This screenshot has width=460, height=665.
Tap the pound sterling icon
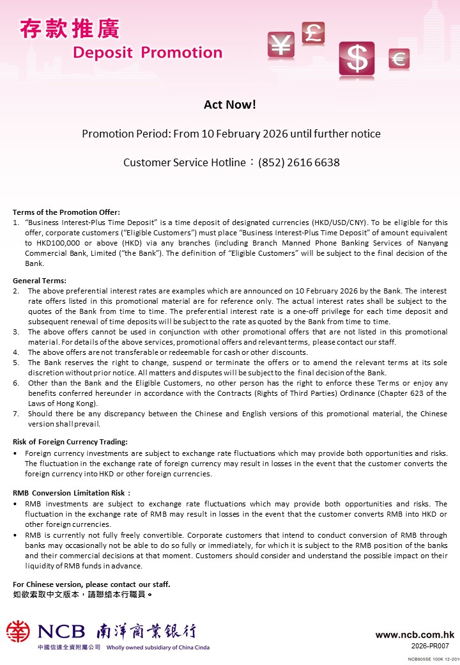coord(313,33)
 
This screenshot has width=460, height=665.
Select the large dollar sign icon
coord(357,59)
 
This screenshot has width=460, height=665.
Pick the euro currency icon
coord(399,59)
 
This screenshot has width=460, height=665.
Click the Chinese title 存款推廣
coord(70,29)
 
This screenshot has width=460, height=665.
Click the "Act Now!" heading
coord(230,104)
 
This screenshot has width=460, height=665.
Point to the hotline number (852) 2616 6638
coord(299,162)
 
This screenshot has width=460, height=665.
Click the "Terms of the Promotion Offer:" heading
coord(66,212)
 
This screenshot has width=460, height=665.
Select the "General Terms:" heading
coord(40,281)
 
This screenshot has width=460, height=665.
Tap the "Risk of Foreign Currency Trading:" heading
coord(70,442)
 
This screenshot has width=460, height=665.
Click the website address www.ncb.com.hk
coord(415,635)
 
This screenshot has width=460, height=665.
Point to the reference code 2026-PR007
coord(430,646)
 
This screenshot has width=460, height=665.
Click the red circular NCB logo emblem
coord(18,632)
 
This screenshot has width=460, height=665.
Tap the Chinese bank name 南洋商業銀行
coord(146,632)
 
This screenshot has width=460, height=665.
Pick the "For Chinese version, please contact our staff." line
coord(91,584)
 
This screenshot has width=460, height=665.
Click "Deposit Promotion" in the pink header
coord(148,52)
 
